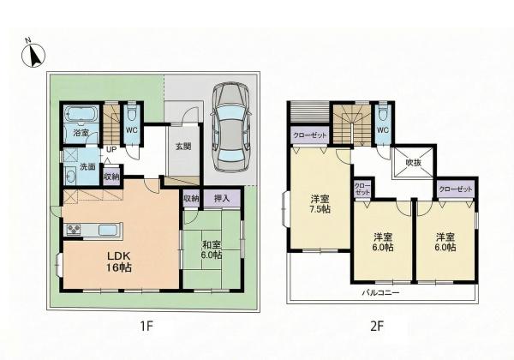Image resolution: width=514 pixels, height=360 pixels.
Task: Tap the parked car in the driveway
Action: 230,124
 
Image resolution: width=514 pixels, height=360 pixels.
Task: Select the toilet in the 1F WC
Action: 131,114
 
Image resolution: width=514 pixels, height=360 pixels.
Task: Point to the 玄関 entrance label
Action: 182,145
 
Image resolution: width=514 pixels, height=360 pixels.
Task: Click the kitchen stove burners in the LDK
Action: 72,230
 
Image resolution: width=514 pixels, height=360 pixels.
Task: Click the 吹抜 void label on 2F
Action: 413,161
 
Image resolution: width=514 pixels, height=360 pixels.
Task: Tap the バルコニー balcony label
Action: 380,291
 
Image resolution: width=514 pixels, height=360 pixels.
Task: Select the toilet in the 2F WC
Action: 382,114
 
